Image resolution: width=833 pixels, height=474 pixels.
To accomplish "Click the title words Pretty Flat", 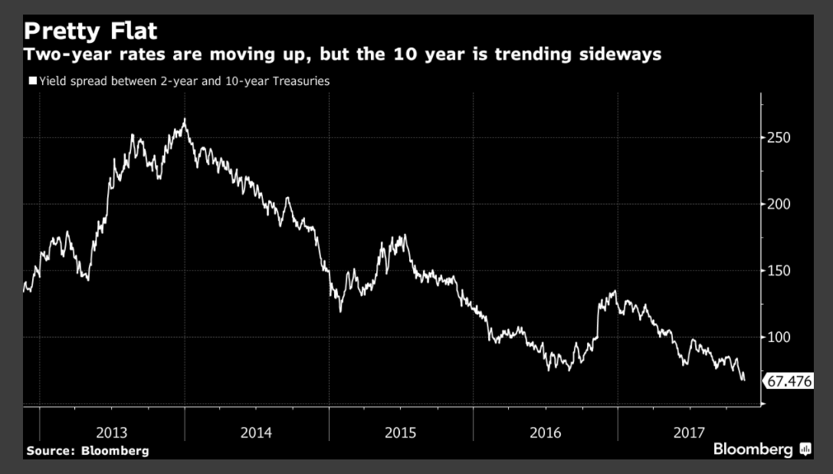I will pyautogui.click(x=90, y=31).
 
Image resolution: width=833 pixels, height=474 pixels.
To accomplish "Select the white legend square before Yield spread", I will pyautogui.click(x=31, y=80).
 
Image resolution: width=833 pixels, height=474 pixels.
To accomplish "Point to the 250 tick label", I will pyautogui.click(x=779, y=138).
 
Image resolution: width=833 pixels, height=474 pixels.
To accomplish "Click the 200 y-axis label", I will pyautogui.click(x=779, y=204).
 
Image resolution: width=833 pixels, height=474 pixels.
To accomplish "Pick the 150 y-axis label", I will pyautogui.click(x=779, y=271).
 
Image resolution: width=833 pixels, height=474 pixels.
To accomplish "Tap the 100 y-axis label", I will pyautogui.click(x=779, y=337).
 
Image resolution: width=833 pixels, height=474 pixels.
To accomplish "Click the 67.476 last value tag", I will pyautogui.click(x=789, y=380).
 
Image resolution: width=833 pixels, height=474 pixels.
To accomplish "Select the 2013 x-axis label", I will pyautogui.click(x=112, y=433).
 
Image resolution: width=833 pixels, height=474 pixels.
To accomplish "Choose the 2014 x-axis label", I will pyautogui.click(x=256, y=433).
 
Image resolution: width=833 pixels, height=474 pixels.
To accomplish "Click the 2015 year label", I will pyautogui.click(x=401, y=433).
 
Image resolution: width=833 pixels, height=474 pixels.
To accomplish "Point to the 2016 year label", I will pyautogui.click(x=545, y=433).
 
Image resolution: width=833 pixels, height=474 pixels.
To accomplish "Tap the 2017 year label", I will pyautogui.click(x=689, y=433).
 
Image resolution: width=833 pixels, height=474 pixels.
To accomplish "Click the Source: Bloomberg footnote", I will pyautogui.click(x=87, y=451).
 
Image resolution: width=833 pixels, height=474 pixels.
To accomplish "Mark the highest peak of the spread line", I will pyautogui.click(x=185, y=120).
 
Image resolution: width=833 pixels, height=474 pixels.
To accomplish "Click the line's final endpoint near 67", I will pyautogui.click(x=743, y=379).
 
